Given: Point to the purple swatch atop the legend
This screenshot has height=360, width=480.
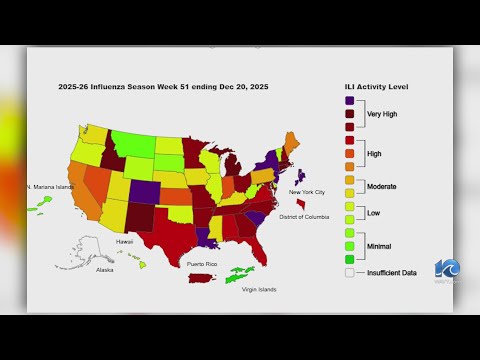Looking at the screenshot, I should coord(348,100).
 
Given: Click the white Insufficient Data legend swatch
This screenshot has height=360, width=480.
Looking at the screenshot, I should coord(348,271).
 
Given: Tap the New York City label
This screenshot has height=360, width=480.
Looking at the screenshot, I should coord(307,191).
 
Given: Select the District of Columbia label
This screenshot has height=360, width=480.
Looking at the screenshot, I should coord(305,217).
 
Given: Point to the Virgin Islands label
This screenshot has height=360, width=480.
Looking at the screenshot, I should coord(257,290).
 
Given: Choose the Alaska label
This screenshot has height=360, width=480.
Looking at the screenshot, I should coord(104,270).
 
